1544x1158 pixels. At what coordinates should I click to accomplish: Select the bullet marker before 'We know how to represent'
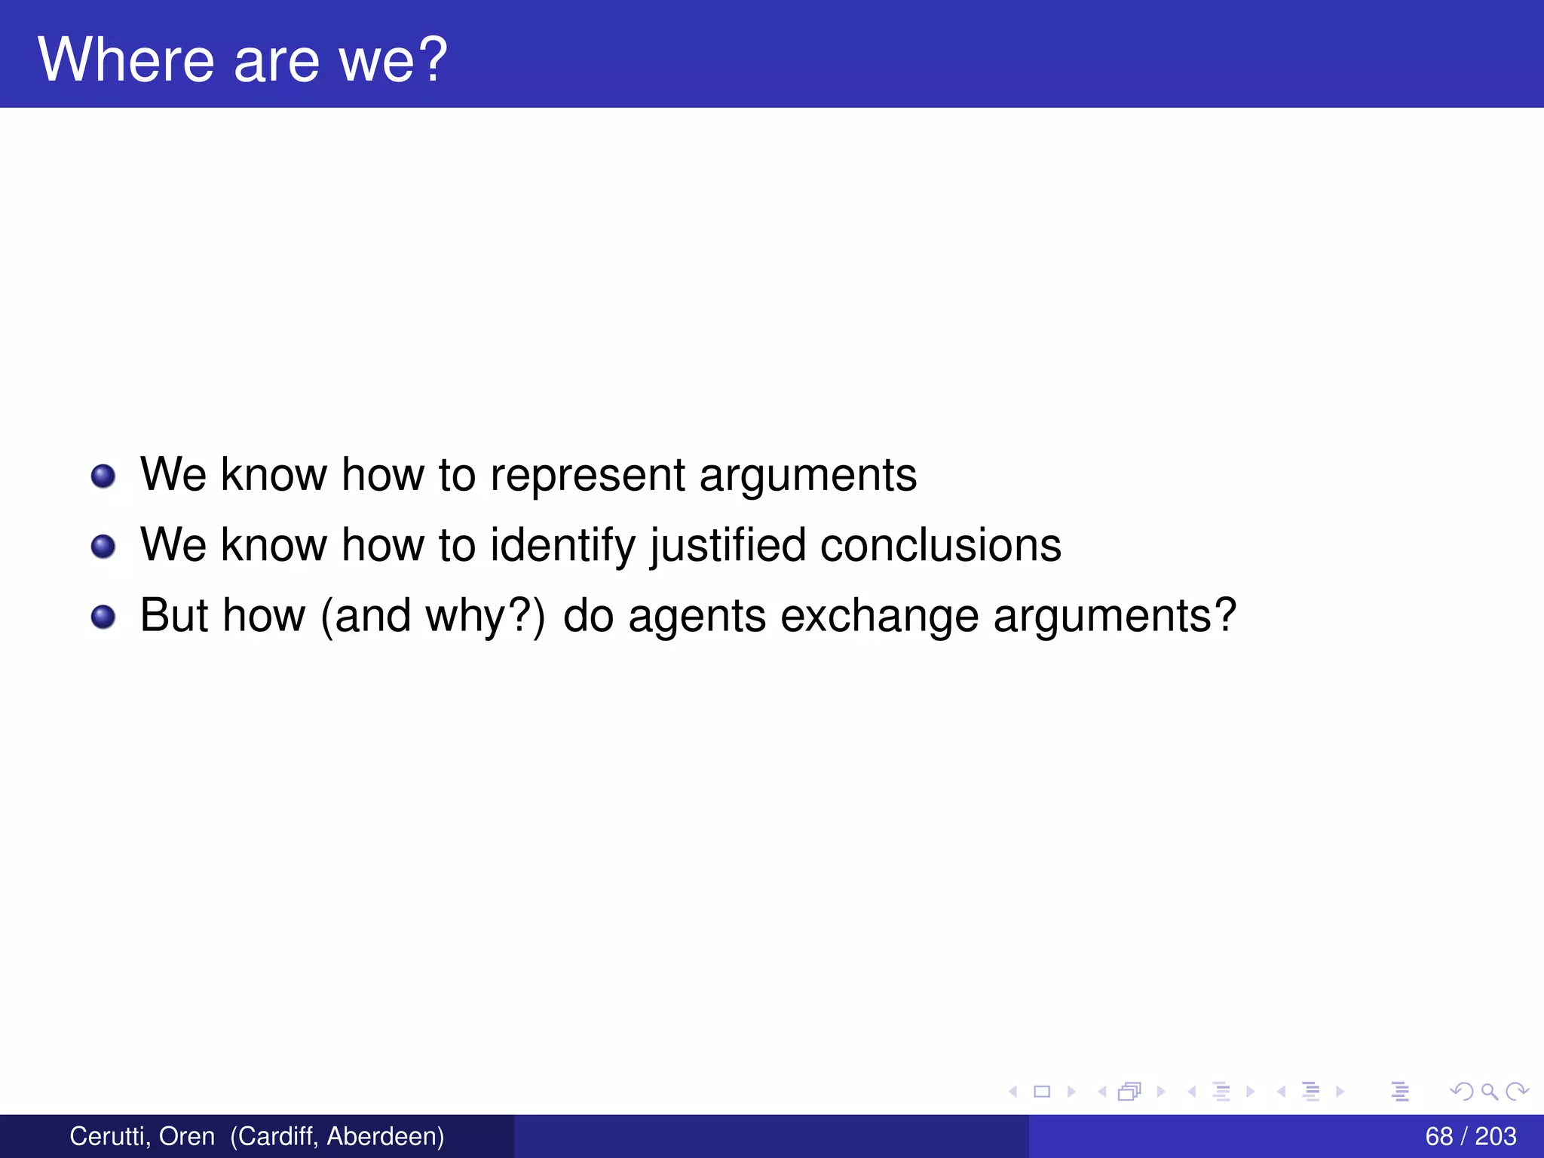click(x=103, y=476)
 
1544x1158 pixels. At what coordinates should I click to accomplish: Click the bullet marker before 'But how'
click(x=103, y=617)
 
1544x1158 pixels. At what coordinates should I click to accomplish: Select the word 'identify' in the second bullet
click(x=563, y=546)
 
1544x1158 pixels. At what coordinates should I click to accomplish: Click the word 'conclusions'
click(x=940, y=546)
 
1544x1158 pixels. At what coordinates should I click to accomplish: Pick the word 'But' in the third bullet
click(x=174, y=615)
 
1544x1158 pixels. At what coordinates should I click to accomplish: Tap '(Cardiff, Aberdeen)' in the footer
click(x=337, y=1136)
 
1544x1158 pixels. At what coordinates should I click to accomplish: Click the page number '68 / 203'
click(x=1470, y=1136)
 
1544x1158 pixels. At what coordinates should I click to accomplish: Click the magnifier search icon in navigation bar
click(x=1489, y=1092)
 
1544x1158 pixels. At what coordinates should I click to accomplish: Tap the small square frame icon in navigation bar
click(x=1042, y=1092)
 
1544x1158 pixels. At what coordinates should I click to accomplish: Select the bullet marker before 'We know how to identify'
click(x=103, y=547)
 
